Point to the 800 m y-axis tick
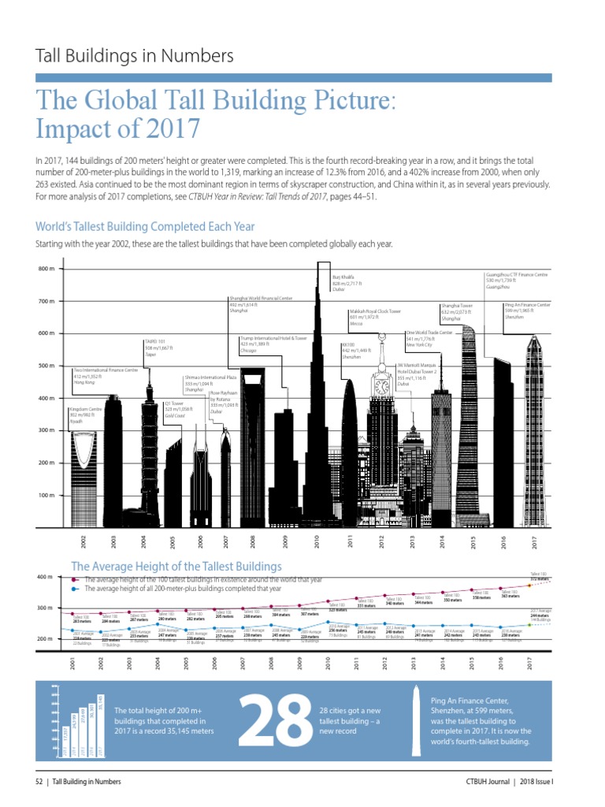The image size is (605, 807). [46, 270]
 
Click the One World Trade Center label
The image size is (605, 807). [429, 339]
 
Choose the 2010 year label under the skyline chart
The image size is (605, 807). [316, 541]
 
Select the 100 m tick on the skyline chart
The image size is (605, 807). [46, 495]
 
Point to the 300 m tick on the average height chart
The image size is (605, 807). [46, 608]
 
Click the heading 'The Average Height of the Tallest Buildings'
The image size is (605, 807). [176, 566]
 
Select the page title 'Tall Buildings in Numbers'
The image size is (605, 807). [135, 56]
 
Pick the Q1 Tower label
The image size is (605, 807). [180, 409]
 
